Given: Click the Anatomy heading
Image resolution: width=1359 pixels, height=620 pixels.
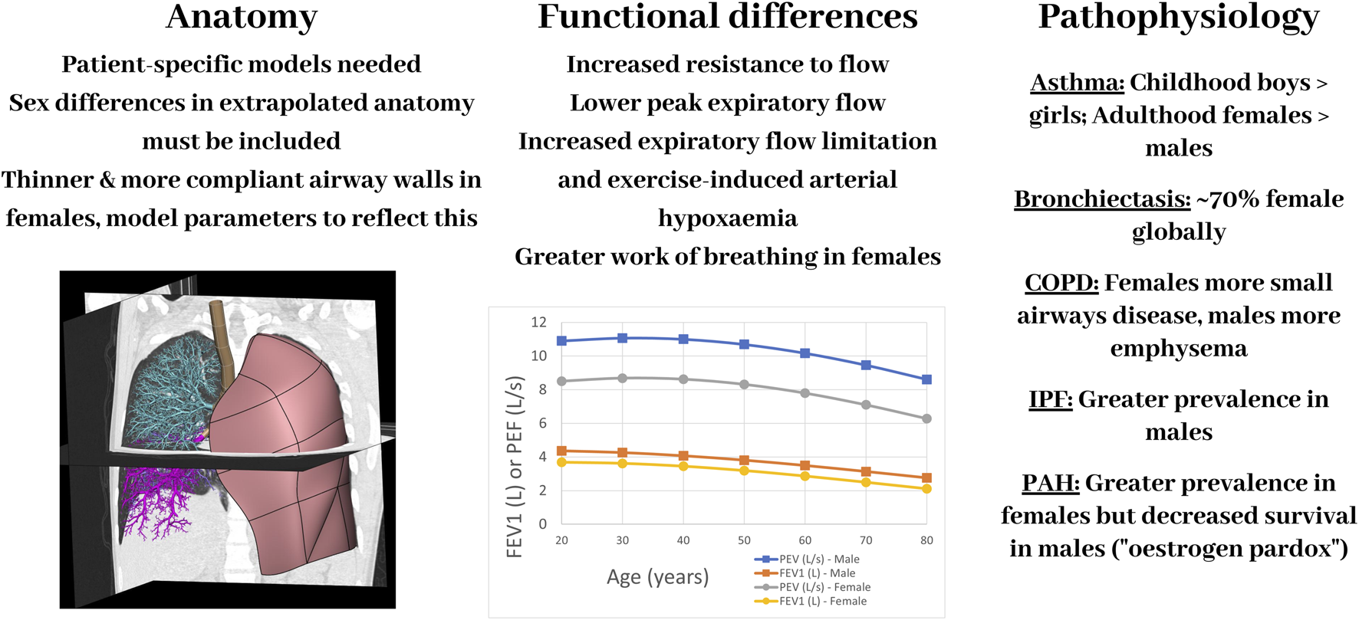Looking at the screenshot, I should click(241, 17).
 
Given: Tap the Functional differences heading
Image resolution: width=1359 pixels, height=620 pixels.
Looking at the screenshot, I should click(727, 17).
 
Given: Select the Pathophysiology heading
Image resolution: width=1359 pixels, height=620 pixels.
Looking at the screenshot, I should click(1178, 17).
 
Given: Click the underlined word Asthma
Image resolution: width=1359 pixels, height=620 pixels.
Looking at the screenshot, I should click(1077, 82).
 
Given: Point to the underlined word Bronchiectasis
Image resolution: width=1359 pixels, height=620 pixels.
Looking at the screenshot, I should click(1102, 198).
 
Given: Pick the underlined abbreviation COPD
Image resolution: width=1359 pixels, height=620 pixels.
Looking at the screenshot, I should click(1061, 282).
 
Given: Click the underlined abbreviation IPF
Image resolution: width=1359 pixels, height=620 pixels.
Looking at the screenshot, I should click(1050, 399).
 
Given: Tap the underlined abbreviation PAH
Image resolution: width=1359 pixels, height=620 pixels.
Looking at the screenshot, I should click(1050, 482).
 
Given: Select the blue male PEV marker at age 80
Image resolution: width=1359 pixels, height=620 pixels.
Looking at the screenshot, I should click(926, 379).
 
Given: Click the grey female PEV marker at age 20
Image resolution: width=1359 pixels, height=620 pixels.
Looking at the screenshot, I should click(561, 381).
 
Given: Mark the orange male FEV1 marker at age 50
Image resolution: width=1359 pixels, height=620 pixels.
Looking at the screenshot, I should click(744, 461).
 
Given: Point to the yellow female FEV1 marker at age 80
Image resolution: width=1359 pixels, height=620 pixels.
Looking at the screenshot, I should click(926, 488).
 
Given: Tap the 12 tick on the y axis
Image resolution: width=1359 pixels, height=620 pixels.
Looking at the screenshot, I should click(538, 322).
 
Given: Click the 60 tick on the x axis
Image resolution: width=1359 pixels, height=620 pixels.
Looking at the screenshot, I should click(805, 540).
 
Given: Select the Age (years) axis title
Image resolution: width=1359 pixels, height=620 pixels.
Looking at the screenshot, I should click(657, 577).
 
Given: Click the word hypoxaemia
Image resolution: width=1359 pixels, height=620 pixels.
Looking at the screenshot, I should click(727, 218).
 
